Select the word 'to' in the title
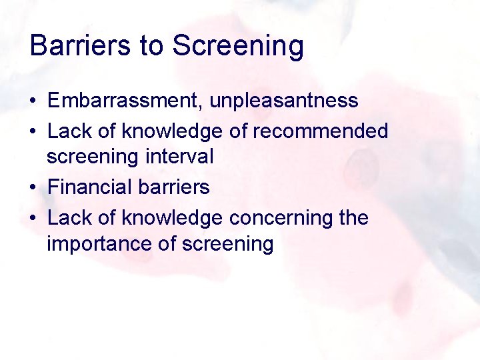151,46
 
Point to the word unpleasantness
284,101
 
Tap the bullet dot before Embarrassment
33,102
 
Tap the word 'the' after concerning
353,218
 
